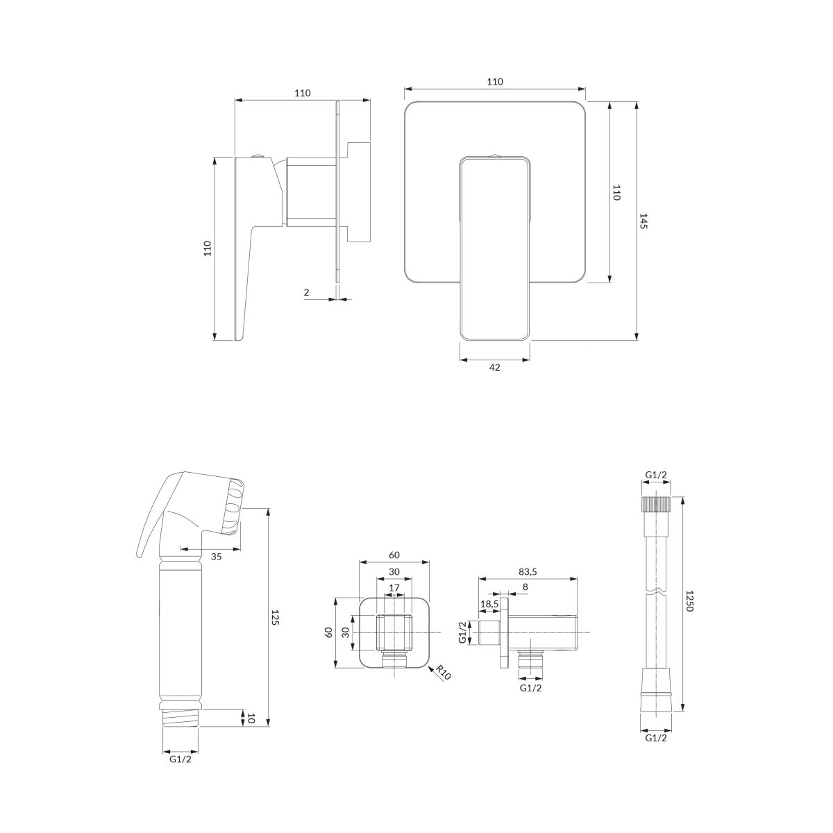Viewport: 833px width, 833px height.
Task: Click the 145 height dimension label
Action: point(643,221)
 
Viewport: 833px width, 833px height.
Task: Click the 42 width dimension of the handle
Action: point(494,367)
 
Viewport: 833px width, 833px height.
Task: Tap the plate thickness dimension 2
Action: point(307,292)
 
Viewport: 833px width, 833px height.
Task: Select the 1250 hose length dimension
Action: point(689,601)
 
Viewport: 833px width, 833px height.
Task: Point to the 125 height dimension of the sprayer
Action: point(276,617)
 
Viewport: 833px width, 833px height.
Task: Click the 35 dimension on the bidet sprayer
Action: point(216,557)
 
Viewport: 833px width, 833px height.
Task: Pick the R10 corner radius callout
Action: point(443,673)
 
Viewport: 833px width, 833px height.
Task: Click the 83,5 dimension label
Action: point(528,571)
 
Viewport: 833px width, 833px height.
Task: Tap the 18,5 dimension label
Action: point(489,604)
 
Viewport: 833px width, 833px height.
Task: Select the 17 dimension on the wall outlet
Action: point(394,588)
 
